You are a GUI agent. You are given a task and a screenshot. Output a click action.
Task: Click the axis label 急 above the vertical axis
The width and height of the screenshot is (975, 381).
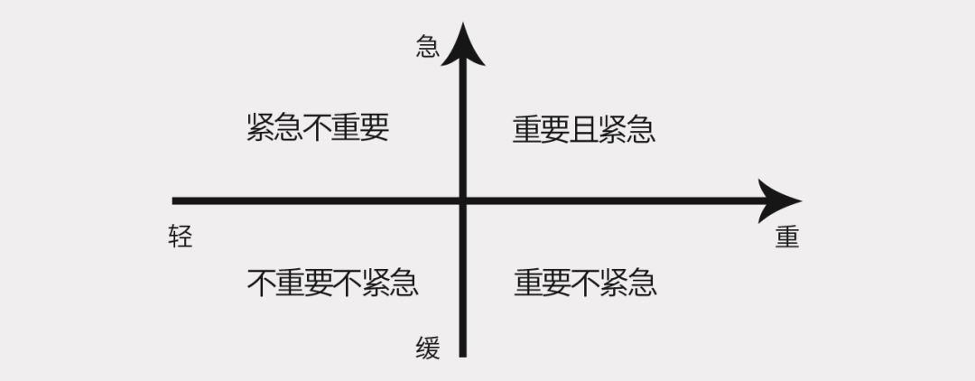[x=428, y=46]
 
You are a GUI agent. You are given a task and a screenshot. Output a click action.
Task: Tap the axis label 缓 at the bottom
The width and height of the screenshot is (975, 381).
[x=428, y=348]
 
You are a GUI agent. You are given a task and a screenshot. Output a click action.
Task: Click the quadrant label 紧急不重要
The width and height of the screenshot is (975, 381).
[x=318, y=128]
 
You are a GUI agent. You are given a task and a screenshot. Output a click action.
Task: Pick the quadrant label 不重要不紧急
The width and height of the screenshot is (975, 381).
[x=332, y=283]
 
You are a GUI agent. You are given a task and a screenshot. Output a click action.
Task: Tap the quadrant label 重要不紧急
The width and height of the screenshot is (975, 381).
[x=585, y=283]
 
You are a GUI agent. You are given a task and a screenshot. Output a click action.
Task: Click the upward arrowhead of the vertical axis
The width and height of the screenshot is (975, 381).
[x=464, y=43]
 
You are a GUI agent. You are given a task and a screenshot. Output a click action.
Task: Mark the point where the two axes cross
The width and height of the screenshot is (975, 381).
[x=464, y=200]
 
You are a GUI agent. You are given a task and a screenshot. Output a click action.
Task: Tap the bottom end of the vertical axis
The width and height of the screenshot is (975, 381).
[x=464, y=354]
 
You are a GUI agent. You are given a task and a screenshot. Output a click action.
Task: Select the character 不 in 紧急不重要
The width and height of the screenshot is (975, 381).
[x=318, y=128]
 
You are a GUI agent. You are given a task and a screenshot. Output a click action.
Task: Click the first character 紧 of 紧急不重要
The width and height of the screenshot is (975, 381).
[x=261, y=128]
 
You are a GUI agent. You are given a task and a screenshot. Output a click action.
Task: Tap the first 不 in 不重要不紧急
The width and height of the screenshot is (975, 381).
[x=261, y=283]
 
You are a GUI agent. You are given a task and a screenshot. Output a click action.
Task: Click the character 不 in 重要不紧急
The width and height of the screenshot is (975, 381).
[x=585, y=283]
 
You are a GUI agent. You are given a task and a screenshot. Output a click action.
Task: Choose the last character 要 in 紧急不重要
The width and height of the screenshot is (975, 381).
[x=375, y=128]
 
